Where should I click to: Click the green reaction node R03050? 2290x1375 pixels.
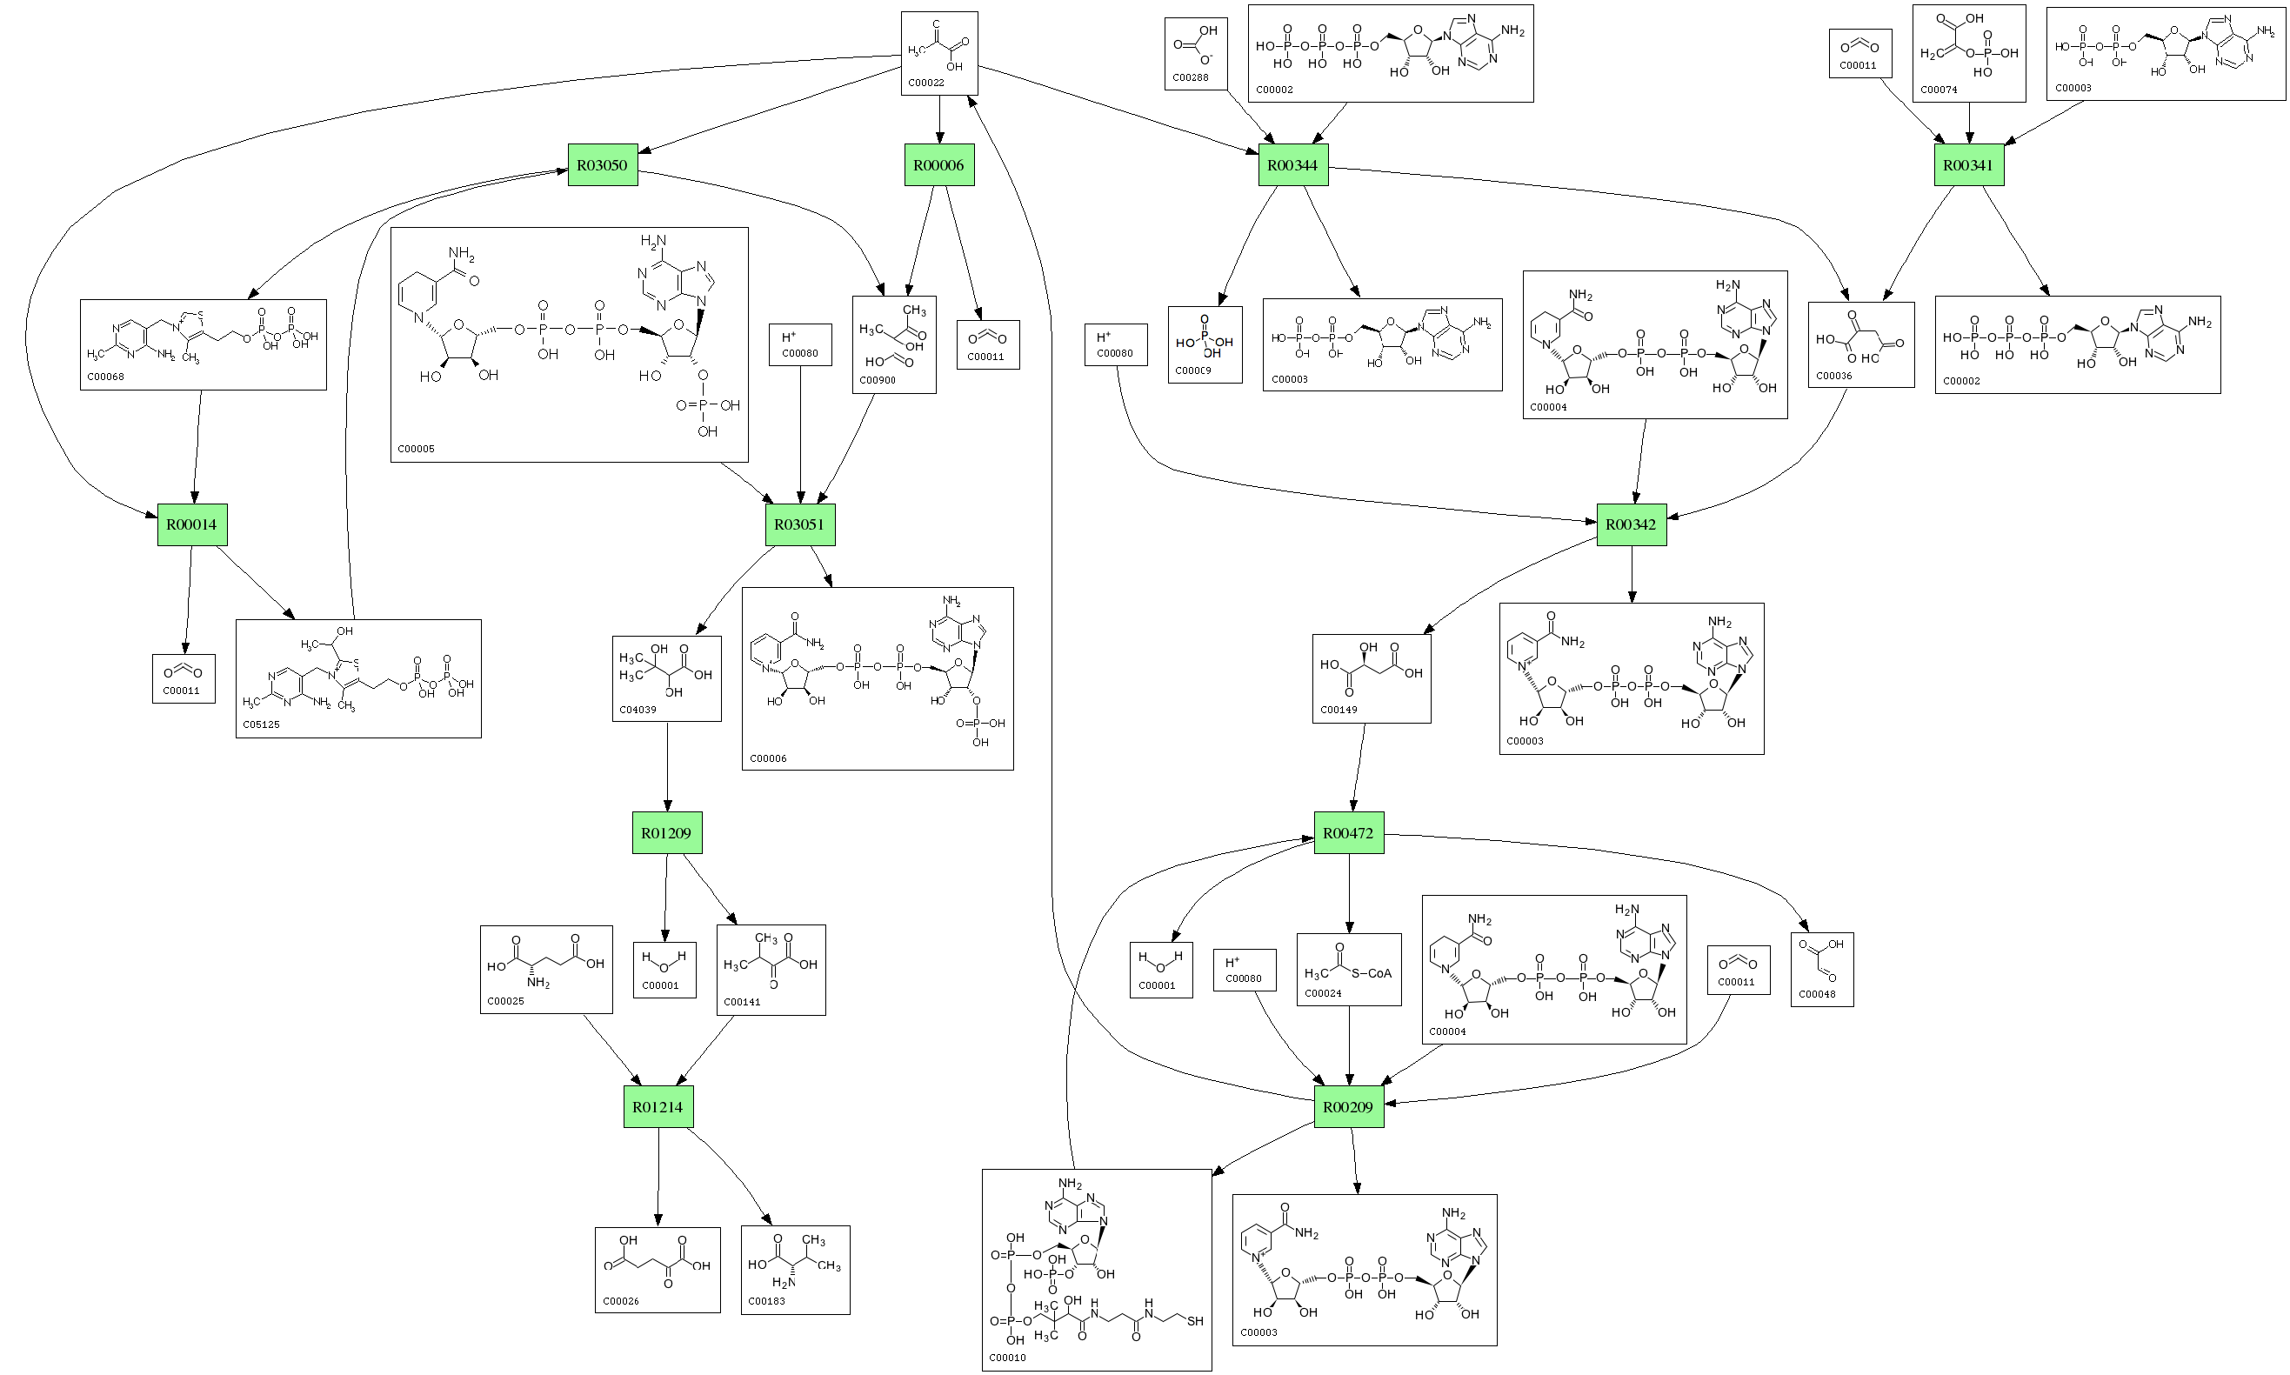pyautogui.click(x=602, y=165)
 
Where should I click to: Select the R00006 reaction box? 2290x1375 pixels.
pyautogui.click(x=938, y=165)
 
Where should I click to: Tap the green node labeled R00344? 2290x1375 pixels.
pyautogui.click(x=1292, y=165)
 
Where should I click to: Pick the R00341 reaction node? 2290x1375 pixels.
pyautogui.click(x=1967, y=165)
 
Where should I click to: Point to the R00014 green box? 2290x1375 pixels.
pyautogui.click(x=190, y=524)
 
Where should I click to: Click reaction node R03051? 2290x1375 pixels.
pyautogui.click(x=798, y=524)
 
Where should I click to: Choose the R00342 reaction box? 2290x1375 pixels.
pyautogui.click(x=1631, y=524)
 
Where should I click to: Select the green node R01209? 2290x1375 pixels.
pyautogui.click(x=666, y=833)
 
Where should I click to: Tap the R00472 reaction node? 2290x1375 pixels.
pyautogui.click(x=1348, y=833)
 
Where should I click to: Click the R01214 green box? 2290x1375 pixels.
pyautogui.click(x=658, y=1106)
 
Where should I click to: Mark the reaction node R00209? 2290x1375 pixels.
pyautogui.click(x=1348, y=1106)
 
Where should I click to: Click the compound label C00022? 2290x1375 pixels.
pyautogui.click(x=925, y=83)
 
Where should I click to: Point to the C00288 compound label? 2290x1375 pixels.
pyautogui.click(x=1191, y=77)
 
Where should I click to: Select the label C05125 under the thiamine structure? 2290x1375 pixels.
pyautogui.click(x=261, y=724)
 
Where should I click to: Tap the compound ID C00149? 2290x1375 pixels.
pyautogui.click(x=1339, y=710)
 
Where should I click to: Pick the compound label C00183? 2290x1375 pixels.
pyautogui.click(x=766, y=1301)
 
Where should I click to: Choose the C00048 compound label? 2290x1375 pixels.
pyautogui.click(x=1817, y=994)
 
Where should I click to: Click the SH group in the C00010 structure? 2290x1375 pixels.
pyautogui.click(x=1195, y=1321)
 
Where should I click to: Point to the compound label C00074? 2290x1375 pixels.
pyautogui.click(x=1939, y=90)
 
